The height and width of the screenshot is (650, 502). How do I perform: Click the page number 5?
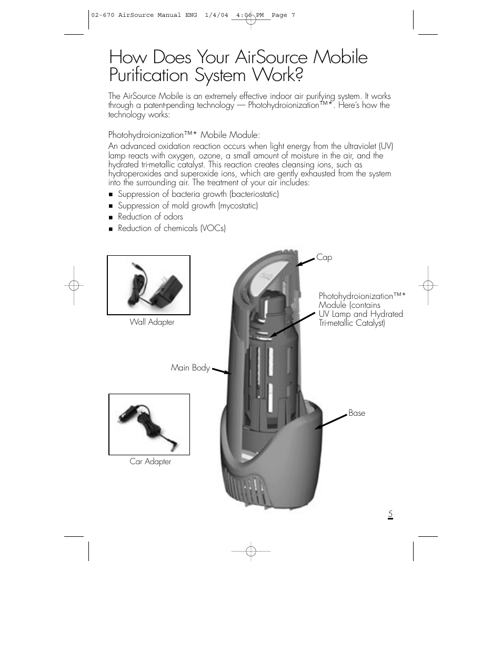[390, 514]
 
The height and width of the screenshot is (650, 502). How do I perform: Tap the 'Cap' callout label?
[324, 257]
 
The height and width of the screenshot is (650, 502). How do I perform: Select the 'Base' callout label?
[356, 413]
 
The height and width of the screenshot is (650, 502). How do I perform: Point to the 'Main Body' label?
[190, 368]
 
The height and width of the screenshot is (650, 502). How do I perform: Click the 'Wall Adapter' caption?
[152, 322]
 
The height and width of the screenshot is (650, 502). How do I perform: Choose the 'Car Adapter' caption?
[150, 462]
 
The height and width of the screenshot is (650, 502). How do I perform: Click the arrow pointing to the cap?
[305, 261]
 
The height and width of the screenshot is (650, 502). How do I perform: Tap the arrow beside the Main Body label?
[221, 371]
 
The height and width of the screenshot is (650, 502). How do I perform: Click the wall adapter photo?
[148, 285]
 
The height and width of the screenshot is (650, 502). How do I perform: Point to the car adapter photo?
[149, 424]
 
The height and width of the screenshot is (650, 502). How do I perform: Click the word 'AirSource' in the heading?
[273, 57]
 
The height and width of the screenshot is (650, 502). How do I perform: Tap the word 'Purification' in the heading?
[149, 75]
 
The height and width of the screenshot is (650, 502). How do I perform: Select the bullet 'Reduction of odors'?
[150, 217]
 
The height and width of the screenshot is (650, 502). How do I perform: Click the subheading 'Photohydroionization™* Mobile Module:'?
[184, 135]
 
